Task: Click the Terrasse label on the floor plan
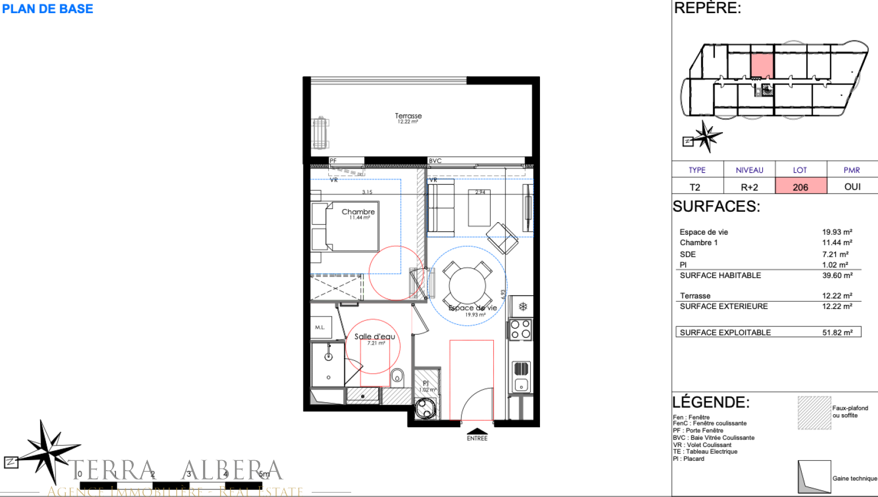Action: (x=408, y=116)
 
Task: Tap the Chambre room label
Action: (x=358, y=212)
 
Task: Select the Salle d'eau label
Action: (x=374, y=336)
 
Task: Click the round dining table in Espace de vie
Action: (x=467, y=285)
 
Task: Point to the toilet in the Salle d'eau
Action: (x=397, y=376)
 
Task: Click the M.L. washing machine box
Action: (x=320, y=327)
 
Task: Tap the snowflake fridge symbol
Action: (x=523, y=307)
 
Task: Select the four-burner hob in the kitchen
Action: (x=520, y=329)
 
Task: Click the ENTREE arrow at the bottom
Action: (x=477, y=432)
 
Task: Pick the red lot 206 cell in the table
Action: (x=801, y=187)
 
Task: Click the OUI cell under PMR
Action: (x=852, y=187)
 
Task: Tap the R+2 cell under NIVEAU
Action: (x=749, y=187)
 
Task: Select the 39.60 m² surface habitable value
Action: (x=837, y=275)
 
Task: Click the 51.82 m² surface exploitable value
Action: (x=837, y=332)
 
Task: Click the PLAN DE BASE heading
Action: (x=48, y=9)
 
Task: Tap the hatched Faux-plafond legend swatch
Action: (x=814, y=413)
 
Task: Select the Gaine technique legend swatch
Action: (x=814, y=477)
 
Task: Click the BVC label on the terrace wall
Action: (x=435, y=161)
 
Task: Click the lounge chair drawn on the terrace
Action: (x=320, y=133)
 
